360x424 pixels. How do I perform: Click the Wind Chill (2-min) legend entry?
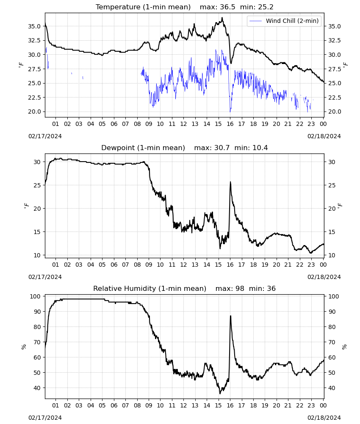pos(284,21)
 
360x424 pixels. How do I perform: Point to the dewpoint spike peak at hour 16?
pos(230,182)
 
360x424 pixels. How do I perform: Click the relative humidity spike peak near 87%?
pos(230,315)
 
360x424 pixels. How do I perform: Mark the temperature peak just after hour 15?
pos(222,17)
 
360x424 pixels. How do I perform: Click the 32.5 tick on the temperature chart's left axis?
pos(34,41)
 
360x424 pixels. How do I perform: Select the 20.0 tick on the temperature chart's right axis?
pos(335,112)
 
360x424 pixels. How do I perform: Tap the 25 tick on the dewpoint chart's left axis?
pos(37,186)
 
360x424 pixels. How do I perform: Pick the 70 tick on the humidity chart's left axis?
pos(37,342)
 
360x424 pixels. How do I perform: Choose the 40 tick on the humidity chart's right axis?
pos(332,388)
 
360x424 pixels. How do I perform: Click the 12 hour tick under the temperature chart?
pos(184,124)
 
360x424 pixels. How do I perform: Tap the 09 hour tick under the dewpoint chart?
pos(149,265)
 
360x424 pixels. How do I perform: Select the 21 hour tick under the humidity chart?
pos(288,405)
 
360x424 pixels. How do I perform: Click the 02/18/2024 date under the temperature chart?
pos(324,136)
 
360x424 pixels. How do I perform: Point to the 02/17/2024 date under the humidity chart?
pos(45,418)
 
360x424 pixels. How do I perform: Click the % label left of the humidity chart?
pos(24,347)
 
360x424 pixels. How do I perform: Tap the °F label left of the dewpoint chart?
pos(26,206)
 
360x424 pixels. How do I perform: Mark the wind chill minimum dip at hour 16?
pos(230,112)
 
